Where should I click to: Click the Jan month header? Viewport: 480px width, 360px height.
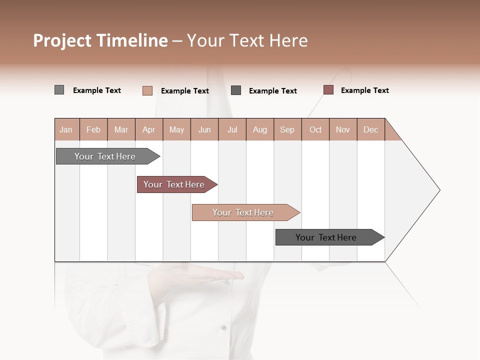[66, 129]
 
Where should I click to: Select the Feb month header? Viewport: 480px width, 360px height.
[93, 129]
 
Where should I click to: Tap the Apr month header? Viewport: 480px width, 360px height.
[148, 129]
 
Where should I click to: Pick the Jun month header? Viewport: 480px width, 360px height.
[204, 129]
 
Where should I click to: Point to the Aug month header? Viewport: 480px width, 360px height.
[259, 129]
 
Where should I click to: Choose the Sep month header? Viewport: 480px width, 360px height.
[287, 129]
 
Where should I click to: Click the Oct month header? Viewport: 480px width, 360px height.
[315, 129]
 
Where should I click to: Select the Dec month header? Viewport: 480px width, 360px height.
[370, 129]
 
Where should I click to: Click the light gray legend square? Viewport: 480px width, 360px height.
[59, 90]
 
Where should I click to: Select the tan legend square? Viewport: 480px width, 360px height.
[147, 90]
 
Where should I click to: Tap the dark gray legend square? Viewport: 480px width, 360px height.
[236, 90]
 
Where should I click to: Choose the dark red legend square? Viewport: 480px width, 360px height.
[328, 90]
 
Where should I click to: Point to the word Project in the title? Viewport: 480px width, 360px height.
[62, 40]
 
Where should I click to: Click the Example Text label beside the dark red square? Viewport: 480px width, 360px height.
[364, 90]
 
